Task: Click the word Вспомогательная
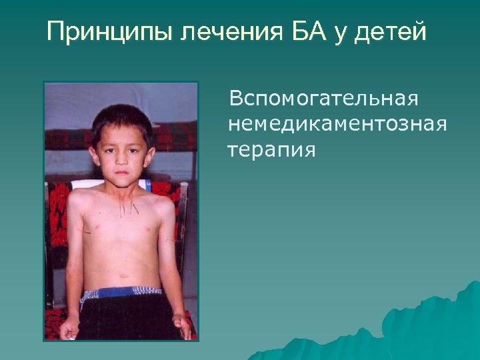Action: pos(323,99)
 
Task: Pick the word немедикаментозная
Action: pos(337,124)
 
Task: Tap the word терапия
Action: pos(269,149)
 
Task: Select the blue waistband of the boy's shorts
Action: pos(123,292)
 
